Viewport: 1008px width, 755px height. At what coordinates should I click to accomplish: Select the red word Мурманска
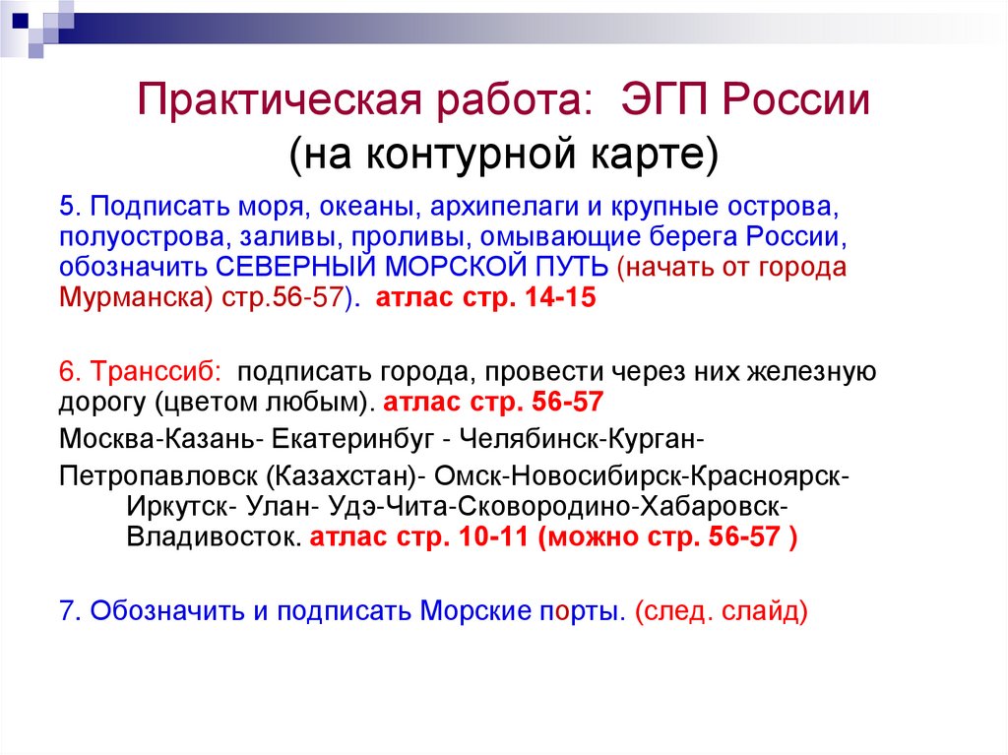133,298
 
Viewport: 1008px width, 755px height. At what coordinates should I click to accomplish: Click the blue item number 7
67,610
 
